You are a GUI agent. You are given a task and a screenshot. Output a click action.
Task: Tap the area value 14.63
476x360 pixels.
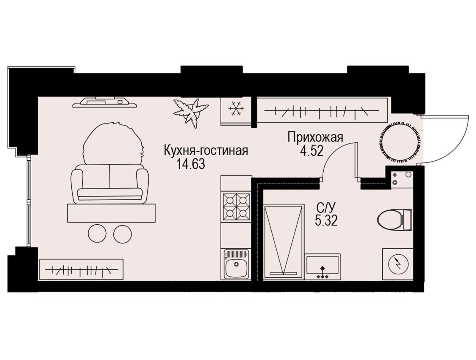(x=191, y=164)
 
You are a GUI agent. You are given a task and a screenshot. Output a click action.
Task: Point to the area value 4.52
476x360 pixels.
(x=311, y=151)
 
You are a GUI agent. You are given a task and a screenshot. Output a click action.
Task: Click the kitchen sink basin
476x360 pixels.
(x=236, y=264)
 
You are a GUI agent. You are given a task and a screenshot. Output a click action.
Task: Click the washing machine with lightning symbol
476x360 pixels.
(x=397, y=264)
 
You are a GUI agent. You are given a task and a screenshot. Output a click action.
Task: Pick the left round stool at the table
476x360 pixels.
(x=97, y=234)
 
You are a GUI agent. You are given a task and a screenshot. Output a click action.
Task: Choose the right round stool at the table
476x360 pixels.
(x=123, y=234)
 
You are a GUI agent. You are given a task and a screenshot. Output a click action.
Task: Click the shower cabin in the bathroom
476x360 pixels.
(x=283, y=242)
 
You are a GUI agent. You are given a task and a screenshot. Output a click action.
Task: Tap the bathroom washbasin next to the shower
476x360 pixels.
(x=322, y=267)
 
